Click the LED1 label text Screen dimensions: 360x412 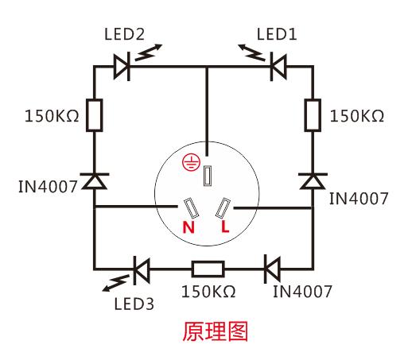tap(276, 36)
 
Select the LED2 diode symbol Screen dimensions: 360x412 tap(121, 67)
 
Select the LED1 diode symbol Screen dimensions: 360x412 tap(279, 67)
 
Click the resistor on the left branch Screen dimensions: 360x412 tap(95, 116)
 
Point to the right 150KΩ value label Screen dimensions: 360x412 tap(356, 116)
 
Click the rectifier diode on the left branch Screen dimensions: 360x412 tap(95, 182)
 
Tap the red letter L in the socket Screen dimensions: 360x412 tap(225, 227)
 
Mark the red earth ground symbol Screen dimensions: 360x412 tap(190, 161)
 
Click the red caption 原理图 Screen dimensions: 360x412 tap(207, 331)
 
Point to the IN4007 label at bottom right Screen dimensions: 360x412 tap(303, 291)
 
